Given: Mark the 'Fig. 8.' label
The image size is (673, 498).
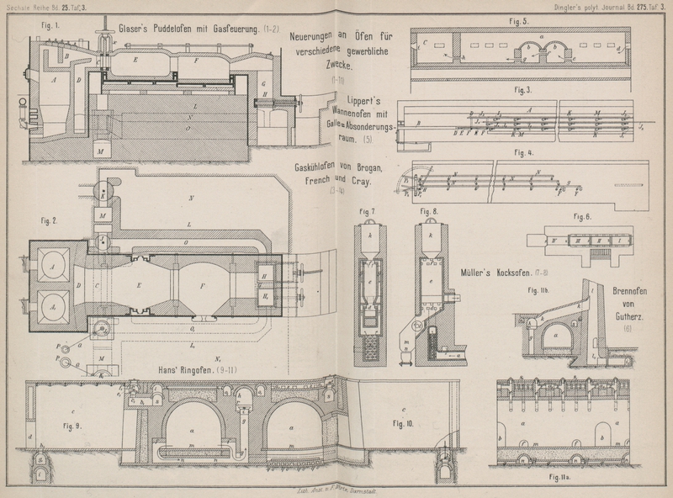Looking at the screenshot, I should click(x=430, y=210).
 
